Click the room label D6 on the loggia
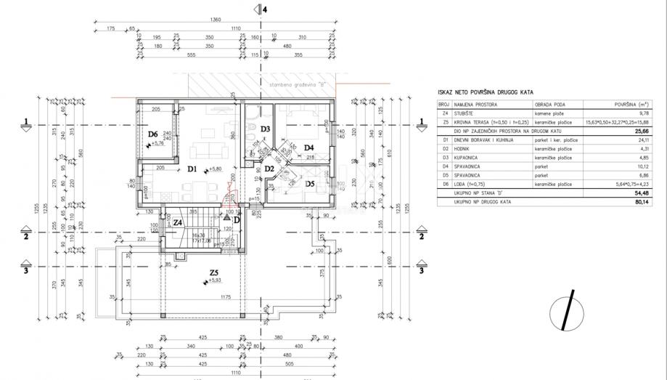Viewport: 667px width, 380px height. (x=153, y=134)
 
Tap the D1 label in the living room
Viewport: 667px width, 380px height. (x=192, y=169)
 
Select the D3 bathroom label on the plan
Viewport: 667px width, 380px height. (x=266, y=129)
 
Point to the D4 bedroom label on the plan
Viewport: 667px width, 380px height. (x=308, y=147)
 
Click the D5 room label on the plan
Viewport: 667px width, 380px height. (x=309, y=184)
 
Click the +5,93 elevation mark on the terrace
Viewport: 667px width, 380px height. (x=215, y=280)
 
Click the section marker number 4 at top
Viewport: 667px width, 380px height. (x=265, y=9)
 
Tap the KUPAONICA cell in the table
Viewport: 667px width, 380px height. (x=469, y=157)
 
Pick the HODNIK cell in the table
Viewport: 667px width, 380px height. (x=464, y=148)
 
